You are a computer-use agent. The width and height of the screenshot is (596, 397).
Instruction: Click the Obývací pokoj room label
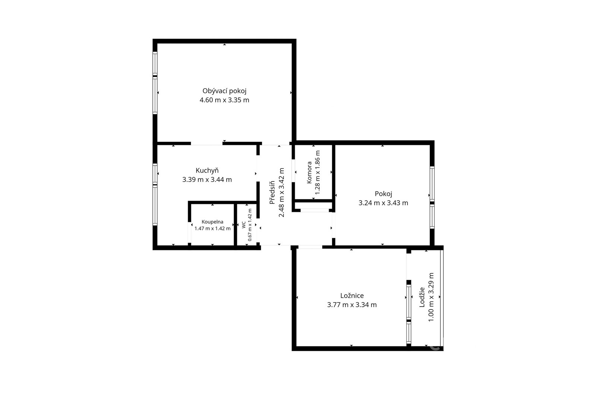click(224, 91)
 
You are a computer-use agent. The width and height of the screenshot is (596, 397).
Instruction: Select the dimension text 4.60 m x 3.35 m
click(224, 100)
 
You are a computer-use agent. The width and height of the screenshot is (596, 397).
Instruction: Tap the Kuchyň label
click(207, 170)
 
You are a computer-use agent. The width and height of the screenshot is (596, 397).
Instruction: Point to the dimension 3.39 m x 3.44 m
click(207, 180)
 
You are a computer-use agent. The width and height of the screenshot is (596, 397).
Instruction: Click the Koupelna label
click(212, 222)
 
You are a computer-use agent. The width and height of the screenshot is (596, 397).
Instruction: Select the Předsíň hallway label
click(272, 193)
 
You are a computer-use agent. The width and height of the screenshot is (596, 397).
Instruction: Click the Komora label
click(309, 172)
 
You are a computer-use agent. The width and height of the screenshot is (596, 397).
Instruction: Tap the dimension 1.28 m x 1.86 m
click(317, 172)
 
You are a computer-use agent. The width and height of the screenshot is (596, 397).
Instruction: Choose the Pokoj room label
click(383, 194)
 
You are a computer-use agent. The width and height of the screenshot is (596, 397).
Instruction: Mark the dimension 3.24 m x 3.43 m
click(383, 203)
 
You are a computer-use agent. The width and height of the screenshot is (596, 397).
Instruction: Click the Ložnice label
click(352, 295)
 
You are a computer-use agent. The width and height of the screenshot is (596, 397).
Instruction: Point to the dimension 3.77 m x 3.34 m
click(352, 305)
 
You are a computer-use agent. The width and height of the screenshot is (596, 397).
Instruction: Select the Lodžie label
click(422, 297)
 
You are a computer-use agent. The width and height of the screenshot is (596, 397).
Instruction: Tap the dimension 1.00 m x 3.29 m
click(431, 297)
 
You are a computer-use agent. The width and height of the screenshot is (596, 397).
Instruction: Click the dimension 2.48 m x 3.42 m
click(281, 193)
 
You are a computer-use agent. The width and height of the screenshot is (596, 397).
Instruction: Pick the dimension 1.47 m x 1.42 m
click(212, 228)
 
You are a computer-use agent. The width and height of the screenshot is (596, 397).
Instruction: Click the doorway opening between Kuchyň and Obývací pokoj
click(207, 144)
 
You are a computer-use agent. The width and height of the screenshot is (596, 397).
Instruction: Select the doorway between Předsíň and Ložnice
click(310, 247)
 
